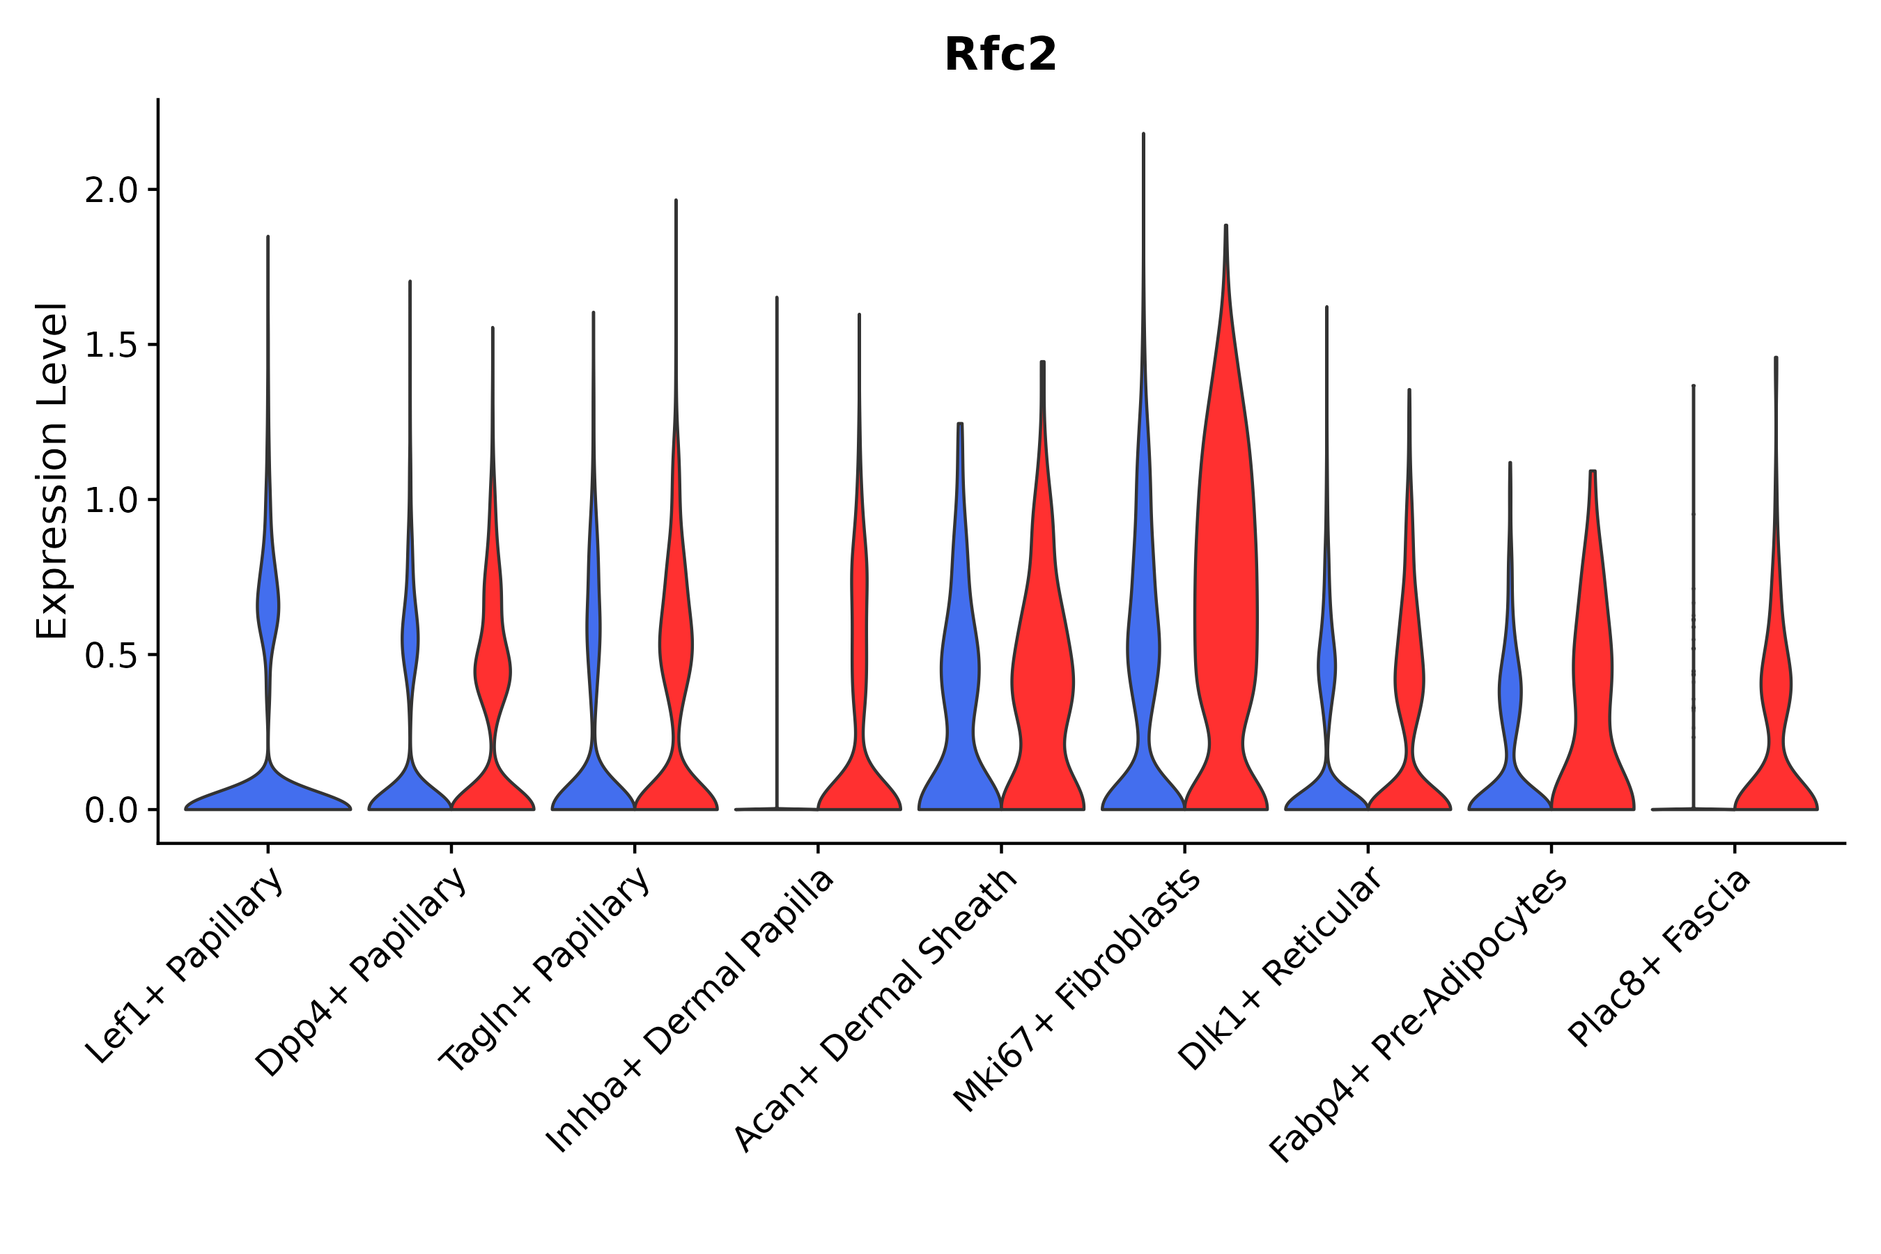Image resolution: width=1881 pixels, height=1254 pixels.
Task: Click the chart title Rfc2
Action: click(1000, 55)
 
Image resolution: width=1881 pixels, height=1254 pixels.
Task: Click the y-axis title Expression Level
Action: click(52, 471)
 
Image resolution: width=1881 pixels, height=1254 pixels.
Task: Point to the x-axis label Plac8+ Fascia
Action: click(1659, 958)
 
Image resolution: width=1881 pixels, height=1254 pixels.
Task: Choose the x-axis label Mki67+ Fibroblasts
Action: click(1077, 990)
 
